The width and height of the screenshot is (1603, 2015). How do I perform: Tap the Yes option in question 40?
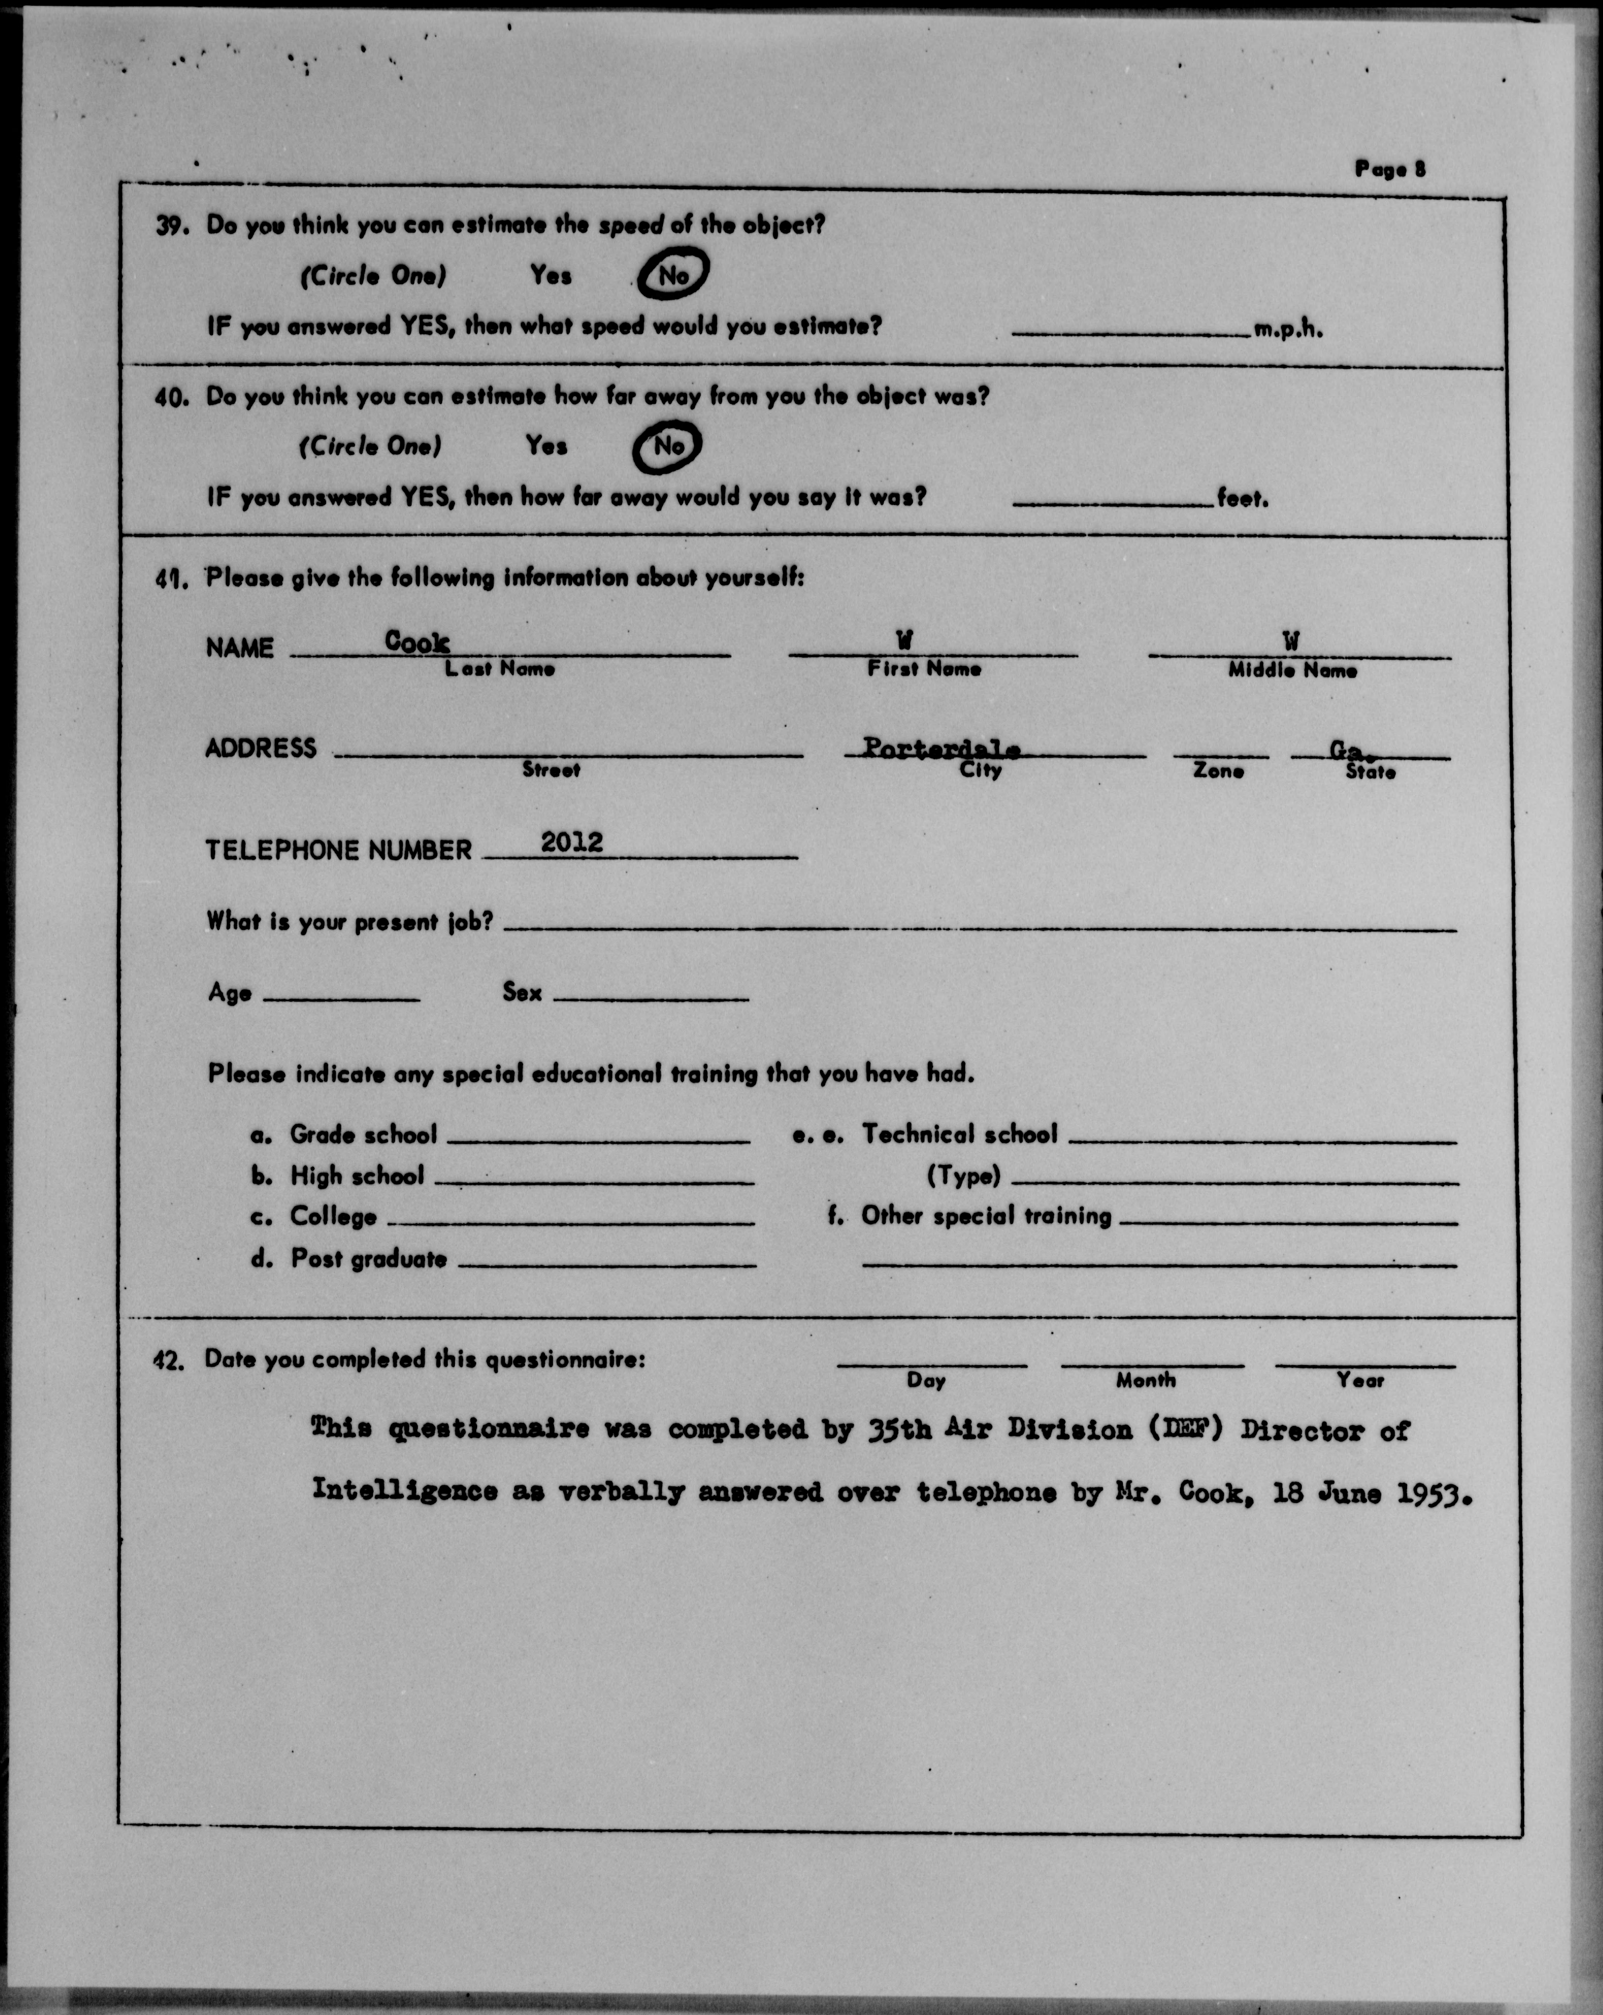point(546,446)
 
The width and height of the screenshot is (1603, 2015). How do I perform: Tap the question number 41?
point(173,579)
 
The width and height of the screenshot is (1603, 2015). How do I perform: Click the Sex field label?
point(521,992)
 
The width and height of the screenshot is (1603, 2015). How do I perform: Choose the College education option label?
point(333,1217)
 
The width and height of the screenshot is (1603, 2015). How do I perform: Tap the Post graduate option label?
point(368,1259)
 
